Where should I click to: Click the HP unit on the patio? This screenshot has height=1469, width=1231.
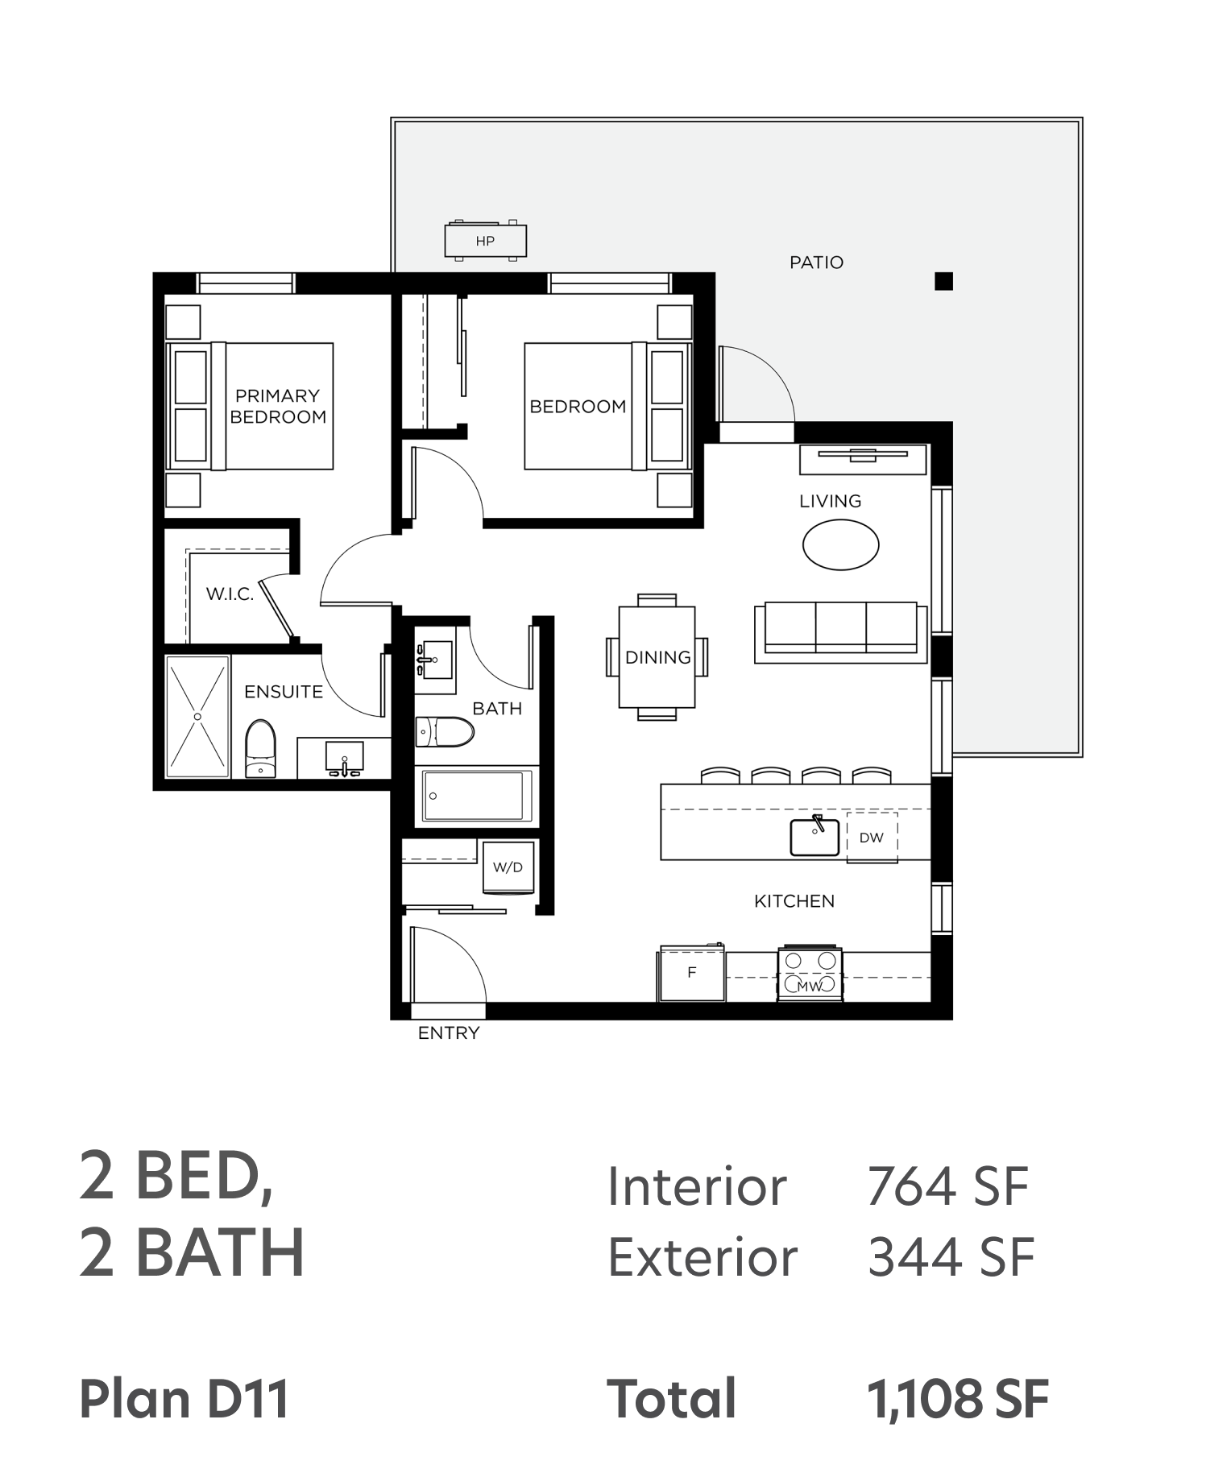pos(485,240)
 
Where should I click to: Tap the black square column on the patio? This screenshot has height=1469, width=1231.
pos(943,281)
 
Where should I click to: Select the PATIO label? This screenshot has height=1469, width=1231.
pos(816,263)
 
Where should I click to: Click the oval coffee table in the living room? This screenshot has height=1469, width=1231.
pos(840,544)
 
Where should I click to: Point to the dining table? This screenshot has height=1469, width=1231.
pos(657,657)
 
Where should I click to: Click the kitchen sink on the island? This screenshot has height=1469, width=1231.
pos(814,837)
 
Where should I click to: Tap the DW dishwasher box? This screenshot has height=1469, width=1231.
pos(872,838)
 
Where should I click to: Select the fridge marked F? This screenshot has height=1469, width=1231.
pos(691,973)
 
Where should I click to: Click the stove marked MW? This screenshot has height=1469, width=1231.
pos(810,974)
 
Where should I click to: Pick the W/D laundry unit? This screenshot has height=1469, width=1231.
pos(508,867)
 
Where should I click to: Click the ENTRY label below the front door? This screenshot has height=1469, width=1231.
pos(449,1033)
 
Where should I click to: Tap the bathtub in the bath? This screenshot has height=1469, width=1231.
pos(477,796)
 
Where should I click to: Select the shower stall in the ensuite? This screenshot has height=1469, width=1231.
pos(197,717)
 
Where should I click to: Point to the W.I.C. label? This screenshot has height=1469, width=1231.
pos(230,594)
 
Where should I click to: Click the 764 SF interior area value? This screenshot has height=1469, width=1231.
pos(947,1186)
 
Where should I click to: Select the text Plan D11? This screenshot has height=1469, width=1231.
pos(184,1399)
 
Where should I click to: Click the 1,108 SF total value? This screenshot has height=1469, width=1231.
pos(958,1399)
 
